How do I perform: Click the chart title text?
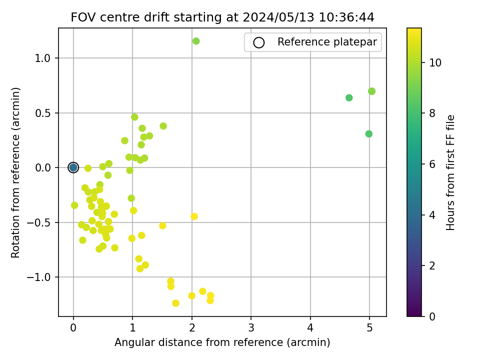coord(222,17)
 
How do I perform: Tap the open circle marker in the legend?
coord(258,42)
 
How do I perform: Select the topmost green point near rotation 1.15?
coord(196,41)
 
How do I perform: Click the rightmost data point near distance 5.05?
coord(371,91)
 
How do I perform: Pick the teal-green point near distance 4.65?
coord(349,97)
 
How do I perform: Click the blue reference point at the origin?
coord(73,167)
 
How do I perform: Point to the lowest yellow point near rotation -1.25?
coord(175,303)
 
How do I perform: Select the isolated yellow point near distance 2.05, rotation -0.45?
coord(194,216)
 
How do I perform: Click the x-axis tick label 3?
coord(251,327)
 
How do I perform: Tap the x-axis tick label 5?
coord(369,327)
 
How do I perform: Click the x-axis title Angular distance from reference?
coord(222,342)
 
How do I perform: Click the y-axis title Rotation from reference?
coord(16,172)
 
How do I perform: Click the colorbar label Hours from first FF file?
coord(451,172)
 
